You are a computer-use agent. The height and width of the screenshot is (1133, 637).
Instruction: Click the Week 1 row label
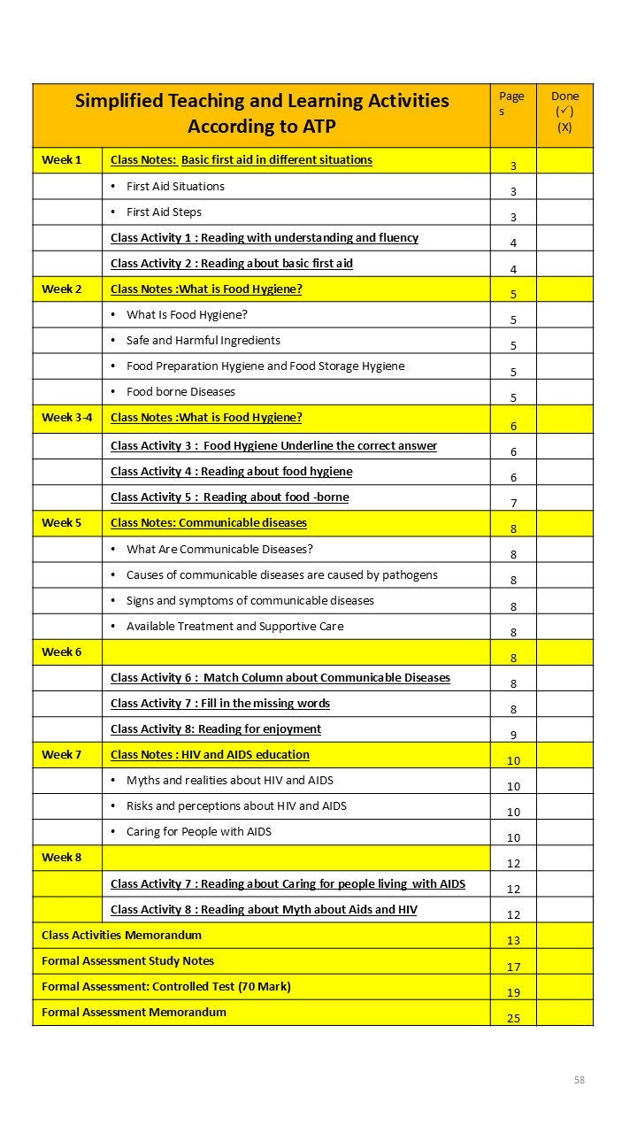61,160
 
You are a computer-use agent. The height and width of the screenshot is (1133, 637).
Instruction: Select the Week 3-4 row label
66,418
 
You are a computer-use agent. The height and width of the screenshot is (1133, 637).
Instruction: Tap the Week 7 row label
61,755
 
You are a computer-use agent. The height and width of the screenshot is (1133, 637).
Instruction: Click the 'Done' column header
564,112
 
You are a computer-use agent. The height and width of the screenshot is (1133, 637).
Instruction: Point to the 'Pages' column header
511,104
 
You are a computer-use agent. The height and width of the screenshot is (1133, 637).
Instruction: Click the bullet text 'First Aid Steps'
164,212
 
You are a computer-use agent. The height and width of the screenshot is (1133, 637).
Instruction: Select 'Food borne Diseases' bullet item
180,392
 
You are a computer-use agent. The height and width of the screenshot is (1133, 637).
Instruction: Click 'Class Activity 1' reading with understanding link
265,238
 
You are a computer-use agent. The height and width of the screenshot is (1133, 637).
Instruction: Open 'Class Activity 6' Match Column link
280,678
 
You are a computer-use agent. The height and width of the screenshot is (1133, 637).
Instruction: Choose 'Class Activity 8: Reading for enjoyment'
216,729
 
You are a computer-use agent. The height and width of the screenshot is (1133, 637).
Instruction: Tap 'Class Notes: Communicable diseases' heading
209,523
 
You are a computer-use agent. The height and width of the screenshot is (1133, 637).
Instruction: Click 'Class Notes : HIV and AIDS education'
210,755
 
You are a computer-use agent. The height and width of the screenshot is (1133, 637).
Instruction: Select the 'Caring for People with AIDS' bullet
199,832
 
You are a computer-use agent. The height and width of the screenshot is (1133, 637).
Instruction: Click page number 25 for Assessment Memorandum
513,1018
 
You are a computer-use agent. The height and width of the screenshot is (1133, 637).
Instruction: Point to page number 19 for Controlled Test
513,992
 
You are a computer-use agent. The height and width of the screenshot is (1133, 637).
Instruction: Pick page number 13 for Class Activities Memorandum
513,940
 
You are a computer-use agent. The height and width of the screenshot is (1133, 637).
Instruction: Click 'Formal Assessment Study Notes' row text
127,961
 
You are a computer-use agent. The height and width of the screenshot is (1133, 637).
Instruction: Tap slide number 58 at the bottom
579,1080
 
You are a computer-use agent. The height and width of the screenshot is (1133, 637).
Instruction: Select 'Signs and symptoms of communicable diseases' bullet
250,601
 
